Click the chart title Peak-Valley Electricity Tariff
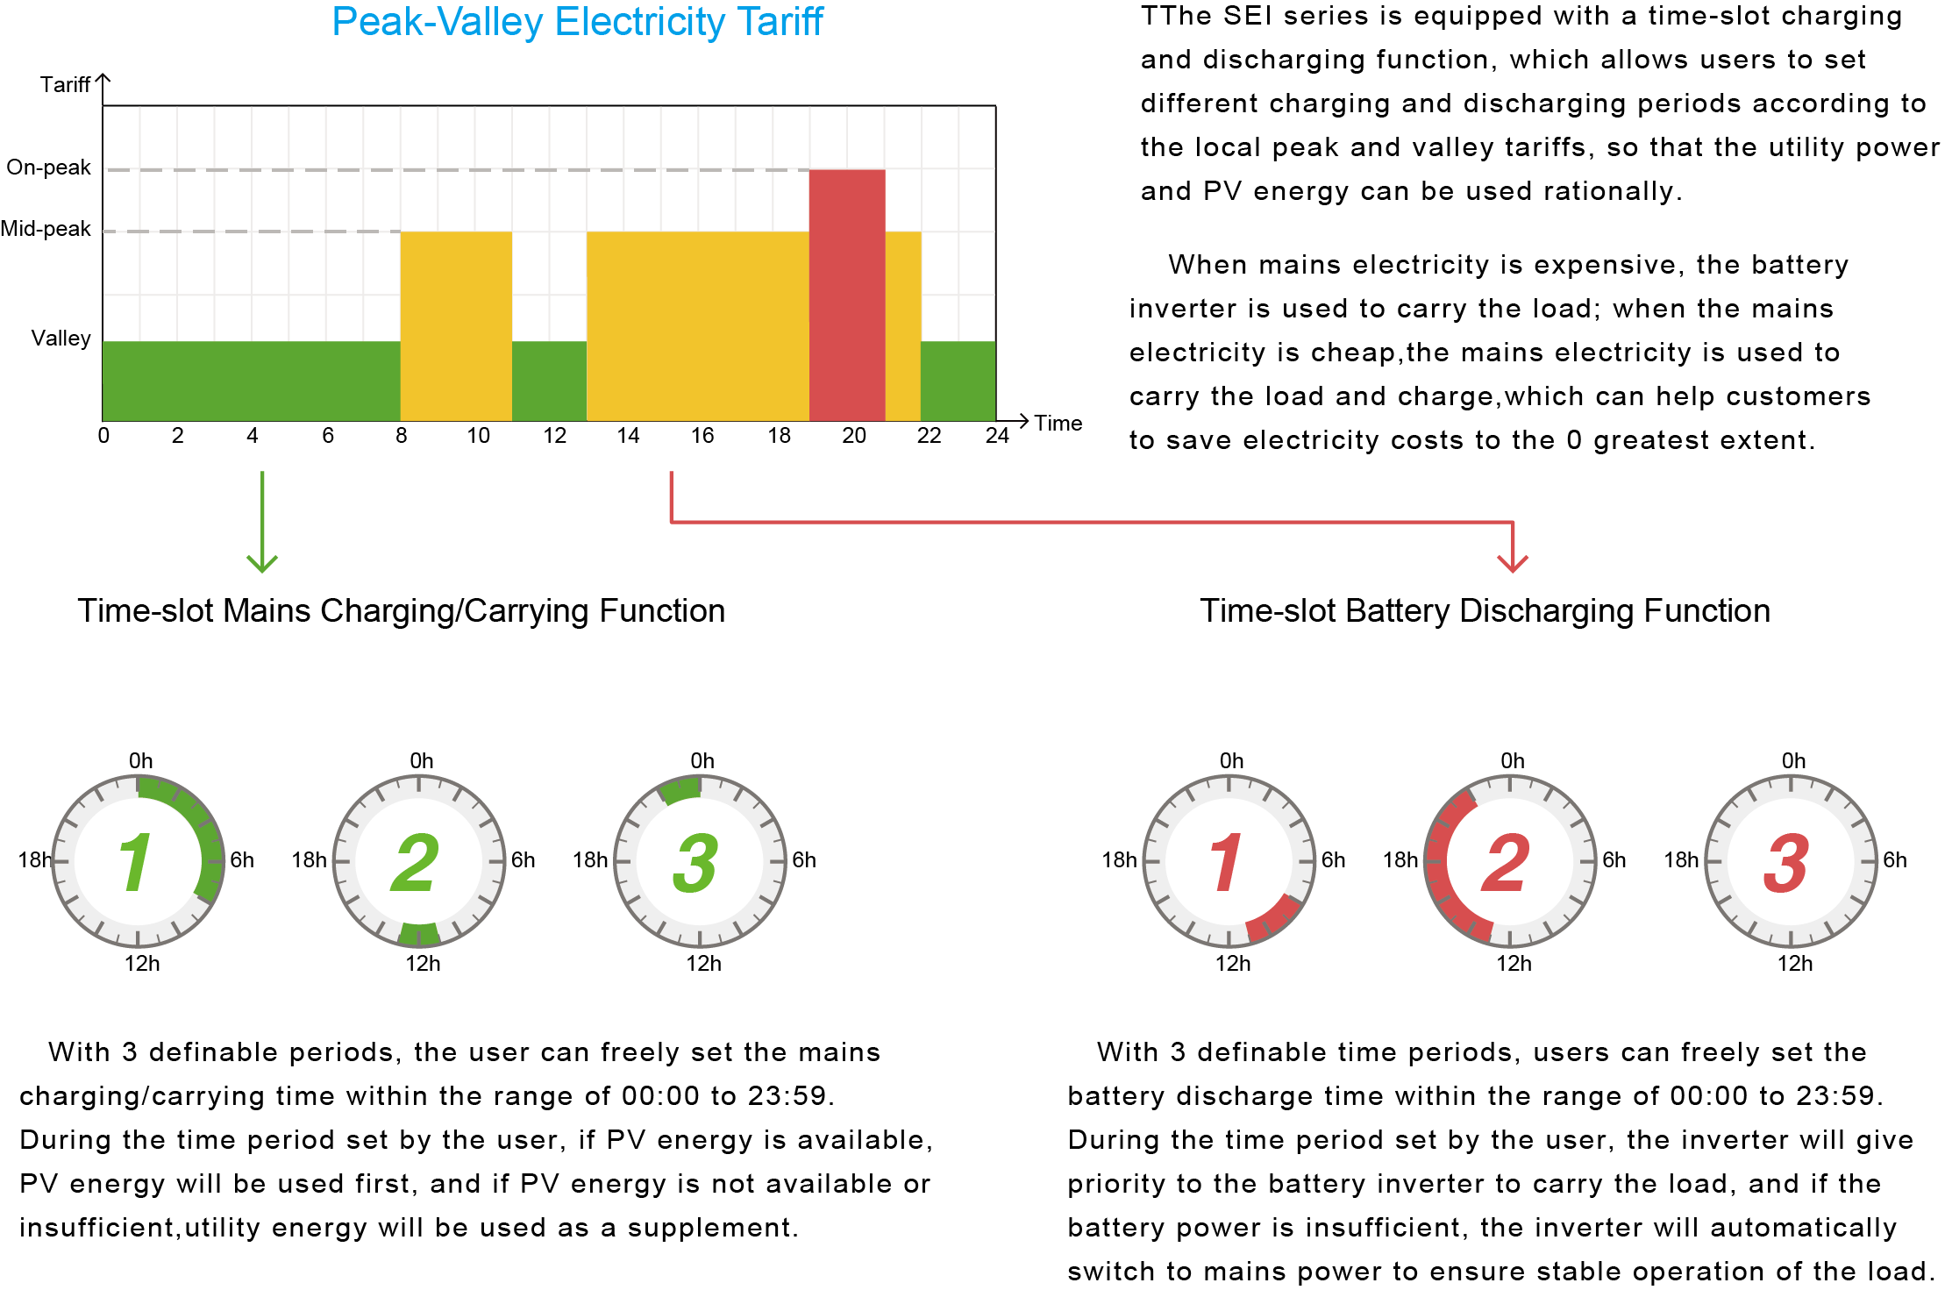[x=577, y=22]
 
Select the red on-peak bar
[x=846, y=295]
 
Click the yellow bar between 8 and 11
[x=456, y=325]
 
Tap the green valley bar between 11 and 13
[x=549, y=381]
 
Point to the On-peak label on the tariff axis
[x=48, y=167]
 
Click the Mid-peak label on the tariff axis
[x=46, y=229]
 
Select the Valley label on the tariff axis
[x=61, y=339]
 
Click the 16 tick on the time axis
[x=702, y=436]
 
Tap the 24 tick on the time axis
[x=997, y=436]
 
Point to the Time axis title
[x=1058, y=424]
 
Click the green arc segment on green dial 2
[x=419, y=934]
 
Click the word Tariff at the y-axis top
[x=65, y=85]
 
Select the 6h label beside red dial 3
[x=1895, y=860]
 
